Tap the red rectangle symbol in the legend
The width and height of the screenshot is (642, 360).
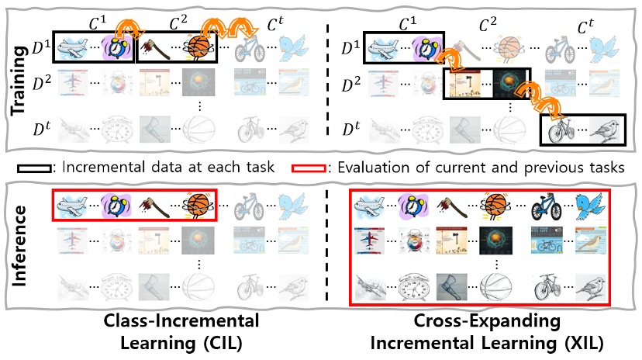coord(307,167)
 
